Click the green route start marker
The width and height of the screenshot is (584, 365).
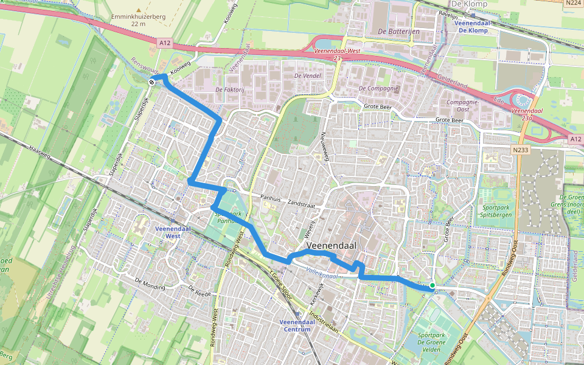pos(432,285)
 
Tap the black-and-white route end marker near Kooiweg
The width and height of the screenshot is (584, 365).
pos(151,82)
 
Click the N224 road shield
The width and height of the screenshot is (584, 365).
pos(572,4)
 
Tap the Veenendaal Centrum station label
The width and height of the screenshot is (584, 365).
pos(293,325)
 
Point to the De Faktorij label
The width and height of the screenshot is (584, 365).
pos(229,89)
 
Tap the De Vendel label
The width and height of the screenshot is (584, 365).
pos(307,76)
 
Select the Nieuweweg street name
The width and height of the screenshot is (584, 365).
pos(325,147)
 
